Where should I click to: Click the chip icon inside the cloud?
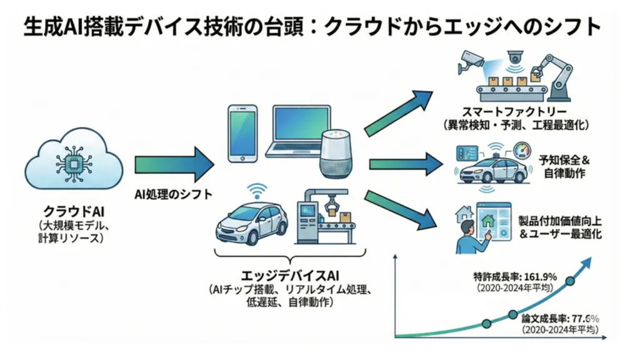[69, 164]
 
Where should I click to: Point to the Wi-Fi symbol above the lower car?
[256, 189]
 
